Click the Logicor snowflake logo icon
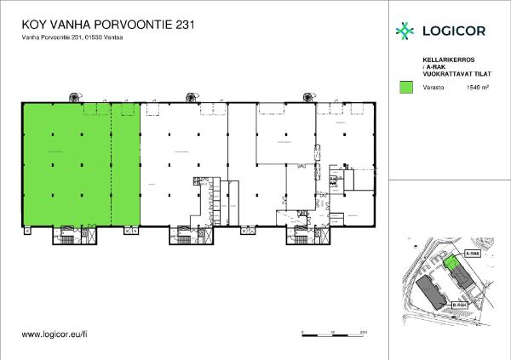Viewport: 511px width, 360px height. point(405,31)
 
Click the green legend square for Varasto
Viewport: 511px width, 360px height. point(405,87)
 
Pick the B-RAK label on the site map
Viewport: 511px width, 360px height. point(459,304)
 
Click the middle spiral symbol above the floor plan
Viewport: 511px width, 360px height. point(189,96)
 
